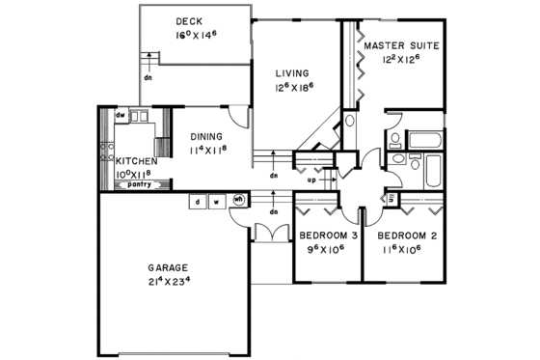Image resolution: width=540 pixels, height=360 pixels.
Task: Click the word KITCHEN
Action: click(x=136, y=161)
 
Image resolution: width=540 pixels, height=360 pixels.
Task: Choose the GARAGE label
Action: click(x=167, y=267)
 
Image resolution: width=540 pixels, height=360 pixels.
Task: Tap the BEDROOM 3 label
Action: click(x=328, y=235)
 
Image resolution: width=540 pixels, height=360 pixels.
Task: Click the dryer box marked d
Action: click(x=196, y=202)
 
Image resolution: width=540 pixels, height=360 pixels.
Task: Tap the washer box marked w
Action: click(x=217, y=202)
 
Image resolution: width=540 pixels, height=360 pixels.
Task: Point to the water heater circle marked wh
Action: click(x=240, y=201)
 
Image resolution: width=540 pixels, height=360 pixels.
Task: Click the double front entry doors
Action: click(x=273, y=232)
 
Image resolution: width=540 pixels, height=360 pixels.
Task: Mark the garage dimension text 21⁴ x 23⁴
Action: click(x=167, y=282)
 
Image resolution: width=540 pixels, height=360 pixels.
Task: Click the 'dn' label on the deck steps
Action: click(x=148, y=77)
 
